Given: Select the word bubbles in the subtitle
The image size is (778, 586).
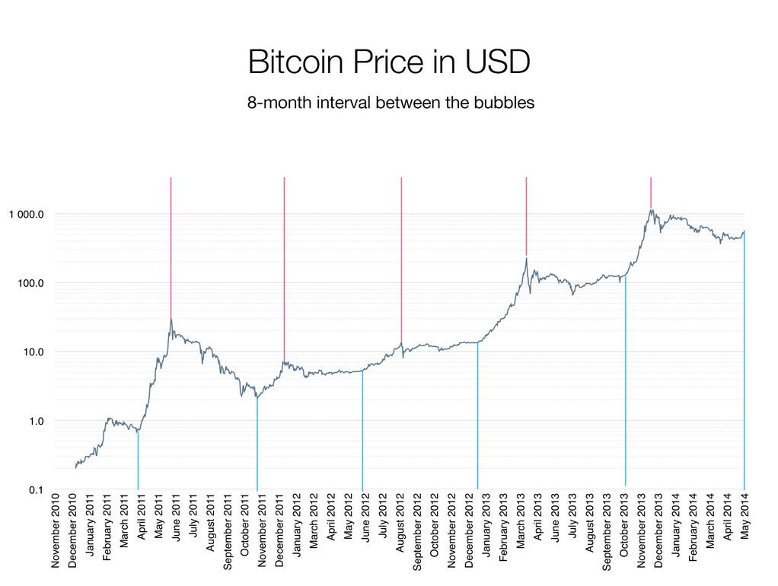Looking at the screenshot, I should coord(499,103).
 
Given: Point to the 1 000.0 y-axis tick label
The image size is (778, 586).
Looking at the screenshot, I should coord(27,214).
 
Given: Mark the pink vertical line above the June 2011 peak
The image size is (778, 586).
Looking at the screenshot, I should coord(171,244).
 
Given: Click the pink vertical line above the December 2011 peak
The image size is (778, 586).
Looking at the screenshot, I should coord(284,266).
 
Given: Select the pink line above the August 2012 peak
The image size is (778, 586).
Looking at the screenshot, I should coord(401,259).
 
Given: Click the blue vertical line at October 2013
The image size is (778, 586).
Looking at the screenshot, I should coord(625,381).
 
